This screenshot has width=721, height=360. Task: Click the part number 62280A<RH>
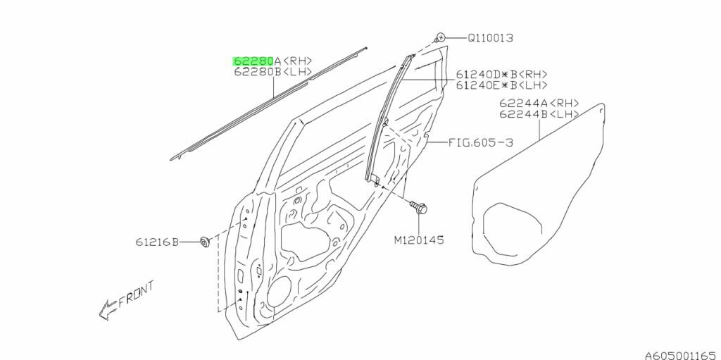point(272,61)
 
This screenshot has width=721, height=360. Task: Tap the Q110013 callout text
point(491,37)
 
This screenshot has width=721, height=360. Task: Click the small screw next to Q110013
point(439,37)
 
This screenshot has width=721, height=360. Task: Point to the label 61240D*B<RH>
point(501,75)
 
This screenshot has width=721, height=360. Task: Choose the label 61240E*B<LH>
point(501,85)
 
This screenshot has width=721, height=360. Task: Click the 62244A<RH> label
point(539,103)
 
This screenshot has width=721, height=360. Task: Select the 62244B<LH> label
point(539,113)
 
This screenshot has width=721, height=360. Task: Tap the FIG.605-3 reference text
point(480,142)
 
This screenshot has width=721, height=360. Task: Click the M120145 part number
point(419,240)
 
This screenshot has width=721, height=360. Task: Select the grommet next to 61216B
point(205,242)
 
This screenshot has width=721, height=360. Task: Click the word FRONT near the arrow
point(137,295)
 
